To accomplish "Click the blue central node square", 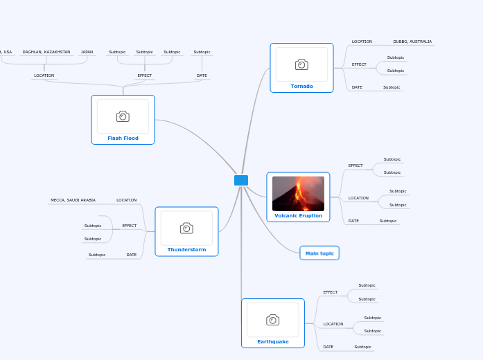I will pyautogui.click(x=241, y=181).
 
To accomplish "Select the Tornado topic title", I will pyautogui.click(x=301, y=87).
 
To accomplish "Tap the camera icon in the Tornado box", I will pyautogui.click(x=301, y=64).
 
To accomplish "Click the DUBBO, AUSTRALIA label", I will pyautogui.click(x=412, y=42).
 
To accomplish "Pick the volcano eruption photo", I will pyautogui.click(x=298, y=193).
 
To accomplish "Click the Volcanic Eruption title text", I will pyautogui.click(x=298, y=215).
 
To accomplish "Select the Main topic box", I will pyautogui.click(x=319, y=253).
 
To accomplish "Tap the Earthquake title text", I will pyautogui.click(x=272, y=341).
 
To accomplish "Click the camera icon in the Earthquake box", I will pyautogui.click(x=272, y=319).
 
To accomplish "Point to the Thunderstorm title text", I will pyautogui.click(x=186, y=249).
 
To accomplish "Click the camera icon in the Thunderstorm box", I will pyautogui.click(x=186, y=228).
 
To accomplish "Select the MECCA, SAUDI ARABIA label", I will pyautogui.click(x=73, y=200).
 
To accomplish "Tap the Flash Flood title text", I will pyautogui.click(x=123, y=138).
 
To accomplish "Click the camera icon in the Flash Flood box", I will pyautogui.click(x=123, y=116).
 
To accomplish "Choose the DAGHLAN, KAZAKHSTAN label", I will pyautogui.click(x=46, y=52).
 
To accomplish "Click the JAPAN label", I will pyautogui.click(x=87, y=52).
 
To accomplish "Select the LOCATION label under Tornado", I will pyautogui.click(x=362, y=42).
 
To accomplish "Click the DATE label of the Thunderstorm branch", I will pyautogui.click(x=132, y=255).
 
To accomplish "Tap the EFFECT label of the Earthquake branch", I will pyautogui.click(x=331, y=292).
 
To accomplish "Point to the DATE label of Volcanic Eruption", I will pyautogui.click(x=353, y=221).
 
